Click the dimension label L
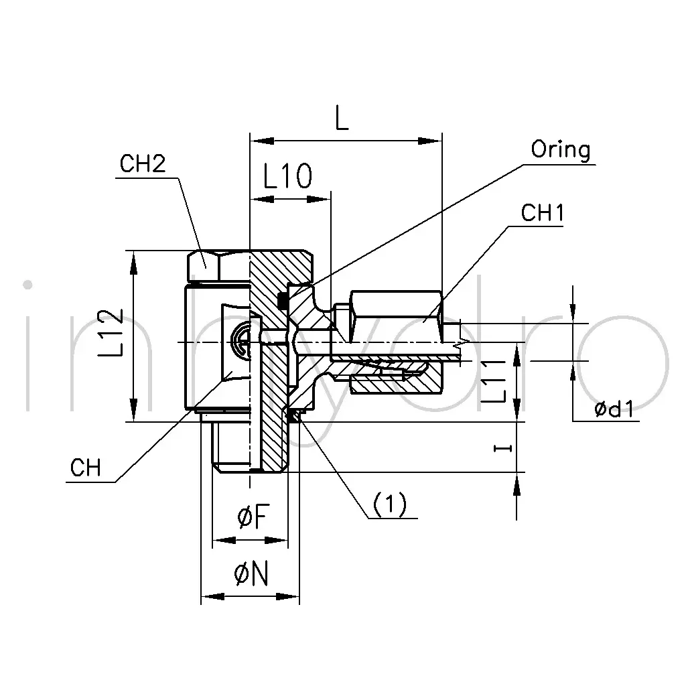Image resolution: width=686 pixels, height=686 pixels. coord(342,118)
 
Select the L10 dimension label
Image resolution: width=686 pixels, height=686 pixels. coord(287,176)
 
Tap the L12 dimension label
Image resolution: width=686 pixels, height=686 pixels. coord(111,332)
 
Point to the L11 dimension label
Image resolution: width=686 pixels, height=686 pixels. coord(494,381)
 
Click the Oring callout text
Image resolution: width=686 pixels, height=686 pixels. coord(561,150)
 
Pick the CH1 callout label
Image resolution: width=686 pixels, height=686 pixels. coord(542,213)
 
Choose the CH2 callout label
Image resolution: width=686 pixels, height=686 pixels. coord(143,164)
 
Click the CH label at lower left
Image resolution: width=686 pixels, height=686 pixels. coord(85,468)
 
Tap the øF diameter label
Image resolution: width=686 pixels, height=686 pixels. coord(253,517)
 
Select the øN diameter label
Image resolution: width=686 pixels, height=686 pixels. coord(251,574)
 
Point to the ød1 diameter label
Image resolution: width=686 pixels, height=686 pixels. coord(614,409)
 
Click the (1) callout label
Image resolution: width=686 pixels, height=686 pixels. coord(389,504)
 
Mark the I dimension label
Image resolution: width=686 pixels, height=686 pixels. coord(502,448)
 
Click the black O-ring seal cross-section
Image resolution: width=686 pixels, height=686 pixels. coord(283,299)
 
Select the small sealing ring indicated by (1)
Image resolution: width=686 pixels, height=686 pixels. coord(297,416)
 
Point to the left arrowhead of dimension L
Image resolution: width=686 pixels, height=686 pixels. coord(262,141)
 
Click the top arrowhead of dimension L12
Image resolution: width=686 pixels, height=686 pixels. coord(134,263)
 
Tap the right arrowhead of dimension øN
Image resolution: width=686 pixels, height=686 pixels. coord(287,597)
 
